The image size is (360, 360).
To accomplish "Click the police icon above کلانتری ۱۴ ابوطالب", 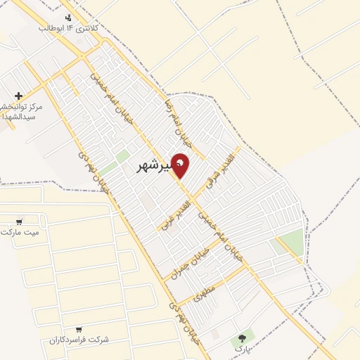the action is click(x=67, y=18).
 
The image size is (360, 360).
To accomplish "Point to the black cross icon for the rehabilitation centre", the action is click(x=18, y=96).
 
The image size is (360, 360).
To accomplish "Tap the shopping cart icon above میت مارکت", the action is click(x=19, y=221).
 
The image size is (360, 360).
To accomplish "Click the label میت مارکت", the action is click(x=20, y=232).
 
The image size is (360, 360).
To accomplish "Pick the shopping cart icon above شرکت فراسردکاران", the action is click(x=79, y=328).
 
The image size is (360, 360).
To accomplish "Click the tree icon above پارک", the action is click(x=243, y=338).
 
